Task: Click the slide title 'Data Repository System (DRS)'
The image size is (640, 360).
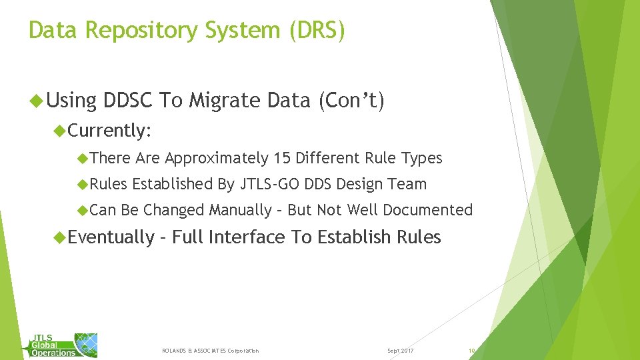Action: pos(187,31)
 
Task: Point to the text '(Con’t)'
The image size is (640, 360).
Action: pos(351,101)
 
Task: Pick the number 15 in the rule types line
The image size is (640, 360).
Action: pos(280,158)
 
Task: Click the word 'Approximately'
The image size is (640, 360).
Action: pos(216,158)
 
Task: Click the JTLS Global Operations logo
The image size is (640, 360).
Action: pos(63,345)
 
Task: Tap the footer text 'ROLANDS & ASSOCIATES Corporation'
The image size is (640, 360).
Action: pos(211,351)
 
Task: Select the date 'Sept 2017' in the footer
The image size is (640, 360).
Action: pos(400,351)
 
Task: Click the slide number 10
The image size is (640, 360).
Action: pos(471,351)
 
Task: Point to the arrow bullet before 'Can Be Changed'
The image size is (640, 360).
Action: pos(83,211)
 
